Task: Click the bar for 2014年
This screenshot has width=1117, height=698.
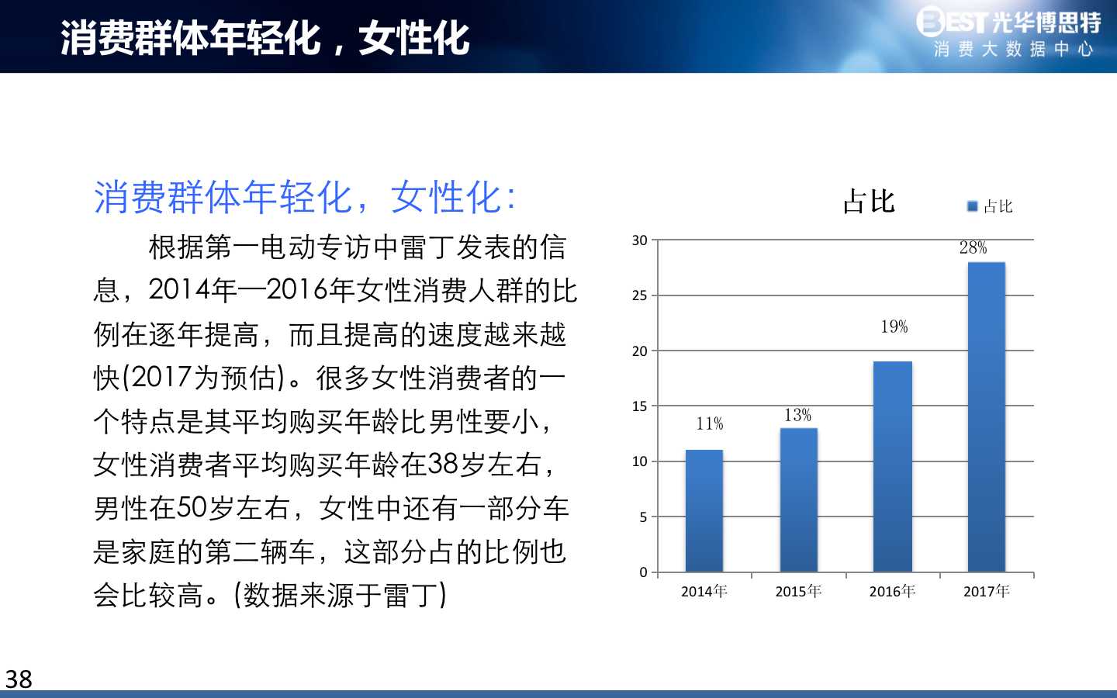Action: [x=704, y=510]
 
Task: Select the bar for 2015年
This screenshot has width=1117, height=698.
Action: [x=798, y=499]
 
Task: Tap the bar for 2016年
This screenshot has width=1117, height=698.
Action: [x=893, y=466]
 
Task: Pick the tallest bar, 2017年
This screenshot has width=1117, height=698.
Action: [x=987, y=416]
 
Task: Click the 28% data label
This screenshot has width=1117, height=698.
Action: [x=973, y=247]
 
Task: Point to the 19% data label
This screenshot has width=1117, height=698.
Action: [x=894, y=327]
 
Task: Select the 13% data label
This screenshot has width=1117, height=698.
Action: [x=798, y=415]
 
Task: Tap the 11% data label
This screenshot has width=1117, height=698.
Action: [x=710, y=423]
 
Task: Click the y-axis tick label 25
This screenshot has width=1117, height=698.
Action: [x=640, y=295]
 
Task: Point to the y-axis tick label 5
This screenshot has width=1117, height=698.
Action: [x=643, y=517]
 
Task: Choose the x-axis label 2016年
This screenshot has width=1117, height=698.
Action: [x=893, y=591]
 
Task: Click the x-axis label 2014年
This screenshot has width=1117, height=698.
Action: [x=704, y=591]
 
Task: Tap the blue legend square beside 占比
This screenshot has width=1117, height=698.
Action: [x=973, y=206]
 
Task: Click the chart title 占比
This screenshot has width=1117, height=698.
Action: [x=869, y=202]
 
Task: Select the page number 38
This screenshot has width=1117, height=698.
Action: [x=19, y=679]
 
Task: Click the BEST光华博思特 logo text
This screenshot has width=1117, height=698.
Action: [x=1008, y=21]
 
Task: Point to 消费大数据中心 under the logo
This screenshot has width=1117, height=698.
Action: [x=1014, y=50]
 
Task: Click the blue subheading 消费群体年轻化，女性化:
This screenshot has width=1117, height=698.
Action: [x=305, y=198]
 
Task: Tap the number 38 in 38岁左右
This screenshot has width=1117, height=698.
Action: [x=443, y=464]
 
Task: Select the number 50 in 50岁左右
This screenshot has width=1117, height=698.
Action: [x=192, y=508]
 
